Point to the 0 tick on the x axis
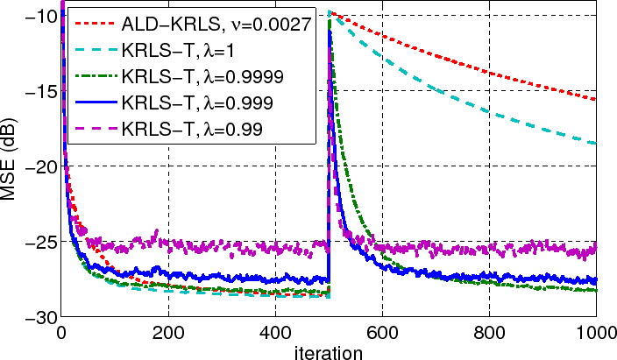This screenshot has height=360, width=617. tap(60, 332)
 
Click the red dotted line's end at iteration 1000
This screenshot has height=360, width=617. tap(596, 100)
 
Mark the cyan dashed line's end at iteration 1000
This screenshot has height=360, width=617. tap(596, 144)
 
